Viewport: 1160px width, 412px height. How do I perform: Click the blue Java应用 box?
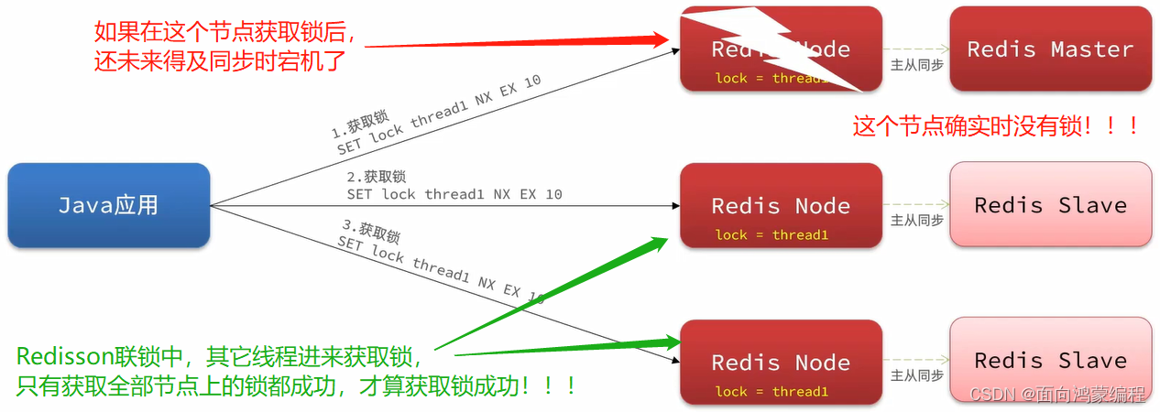coord(108,205)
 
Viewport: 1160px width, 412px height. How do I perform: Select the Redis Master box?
coord(1050,49)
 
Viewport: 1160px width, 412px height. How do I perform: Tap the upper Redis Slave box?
coord(1050,205)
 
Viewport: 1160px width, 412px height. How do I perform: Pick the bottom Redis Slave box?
coord(1050,361)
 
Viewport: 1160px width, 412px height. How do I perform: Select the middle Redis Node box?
coord(781,205)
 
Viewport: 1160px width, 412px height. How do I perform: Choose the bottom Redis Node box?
coord(781,362)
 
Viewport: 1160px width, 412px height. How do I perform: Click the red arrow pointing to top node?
coord(513,41)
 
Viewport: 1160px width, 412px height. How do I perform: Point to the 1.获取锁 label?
coord(360,124)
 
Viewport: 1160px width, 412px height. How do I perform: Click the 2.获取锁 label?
coord(376,176)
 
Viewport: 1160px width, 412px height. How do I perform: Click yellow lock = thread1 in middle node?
coord(772,235)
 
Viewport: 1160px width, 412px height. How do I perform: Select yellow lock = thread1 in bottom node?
coord(772,392)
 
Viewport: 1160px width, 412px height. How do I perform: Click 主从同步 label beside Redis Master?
coord(916,65)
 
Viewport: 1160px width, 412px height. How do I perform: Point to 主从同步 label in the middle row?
coord(916,221)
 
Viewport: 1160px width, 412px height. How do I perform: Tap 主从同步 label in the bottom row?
coord(916,376)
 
